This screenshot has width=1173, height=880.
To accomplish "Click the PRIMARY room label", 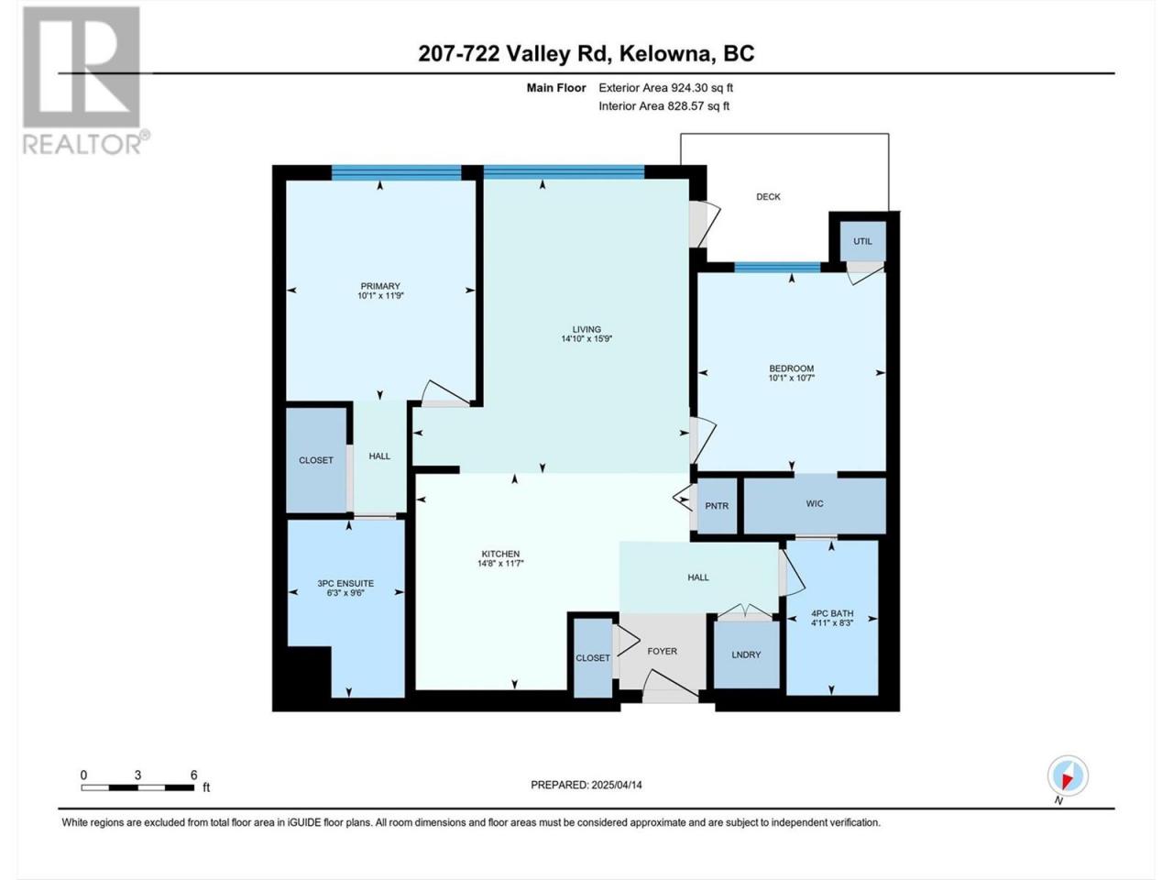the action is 380,286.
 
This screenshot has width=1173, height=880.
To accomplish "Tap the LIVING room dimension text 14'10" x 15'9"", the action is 586,339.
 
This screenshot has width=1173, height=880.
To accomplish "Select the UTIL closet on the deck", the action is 862,241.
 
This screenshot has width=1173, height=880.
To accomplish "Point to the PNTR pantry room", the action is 717,505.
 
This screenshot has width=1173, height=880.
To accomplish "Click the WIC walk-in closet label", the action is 815,503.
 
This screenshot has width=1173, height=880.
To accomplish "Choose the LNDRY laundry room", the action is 746,654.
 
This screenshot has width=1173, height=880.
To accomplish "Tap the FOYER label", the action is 663,652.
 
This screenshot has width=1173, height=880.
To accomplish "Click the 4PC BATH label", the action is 832,613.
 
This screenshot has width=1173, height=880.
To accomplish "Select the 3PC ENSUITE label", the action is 345,584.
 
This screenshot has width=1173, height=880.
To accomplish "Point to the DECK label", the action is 768,196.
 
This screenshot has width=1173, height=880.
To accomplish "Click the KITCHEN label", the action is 500,554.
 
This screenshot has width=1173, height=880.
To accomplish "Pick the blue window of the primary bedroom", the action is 396,172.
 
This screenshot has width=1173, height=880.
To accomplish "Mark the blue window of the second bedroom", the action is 777,267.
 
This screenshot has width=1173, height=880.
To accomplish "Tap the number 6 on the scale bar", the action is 193,775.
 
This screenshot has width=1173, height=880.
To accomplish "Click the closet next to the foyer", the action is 593,658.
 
